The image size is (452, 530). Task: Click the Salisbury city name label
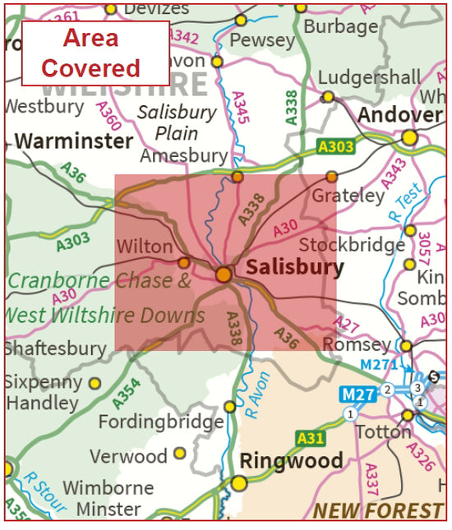click(x=295, y=268)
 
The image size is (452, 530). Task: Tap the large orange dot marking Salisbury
click(x=224, y=274)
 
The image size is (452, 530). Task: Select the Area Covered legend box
click(x=95, y=53)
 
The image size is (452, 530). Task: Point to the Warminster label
click(x=74, y=141)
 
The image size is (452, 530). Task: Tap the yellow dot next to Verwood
click(x=179, y=453)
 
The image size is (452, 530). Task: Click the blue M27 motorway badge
click(x=357, y=395)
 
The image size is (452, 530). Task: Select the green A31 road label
click(x=311, y=438)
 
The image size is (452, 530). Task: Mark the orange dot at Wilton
click(x=183, y=263)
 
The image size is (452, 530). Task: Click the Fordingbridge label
click(x=160, y=422)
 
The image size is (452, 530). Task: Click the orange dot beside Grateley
click(x=332, y=177)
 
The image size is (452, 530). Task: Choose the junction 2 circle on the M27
click(x=386, y=389)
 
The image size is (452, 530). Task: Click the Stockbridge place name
click(x=352, y=245)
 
